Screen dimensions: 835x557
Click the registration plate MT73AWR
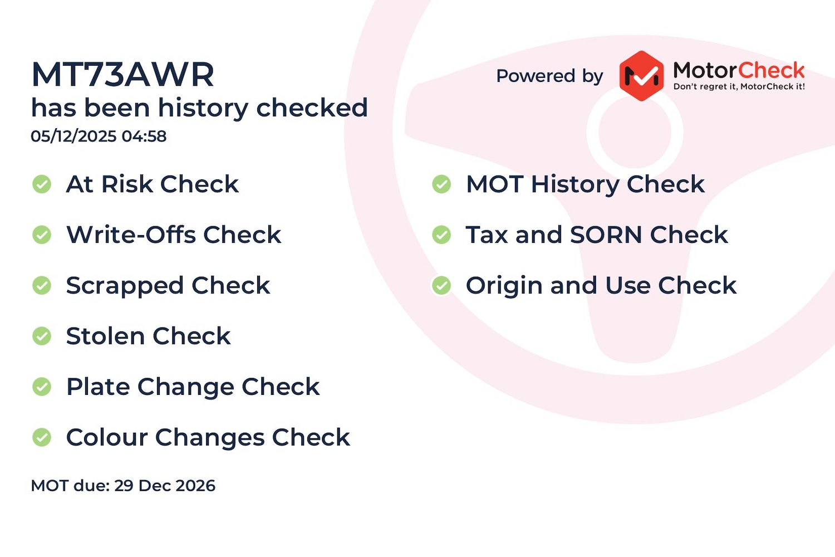pos(122,75)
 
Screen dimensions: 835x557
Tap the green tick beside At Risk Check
pos(42,184)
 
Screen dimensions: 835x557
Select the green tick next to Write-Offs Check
pos(42,235)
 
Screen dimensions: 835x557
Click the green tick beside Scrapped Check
pos(42,285)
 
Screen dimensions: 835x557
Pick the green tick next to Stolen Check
pos(42,336)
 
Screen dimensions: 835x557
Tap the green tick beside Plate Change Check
pos(42,387)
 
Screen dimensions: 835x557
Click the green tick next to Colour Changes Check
pos(42,437)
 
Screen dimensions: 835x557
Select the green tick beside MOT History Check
pos(442,184)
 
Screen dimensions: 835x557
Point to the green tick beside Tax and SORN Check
pos(442,235)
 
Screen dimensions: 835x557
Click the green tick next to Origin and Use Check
pos(442,285)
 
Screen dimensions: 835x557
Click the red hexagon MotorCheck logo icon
pos(641,76)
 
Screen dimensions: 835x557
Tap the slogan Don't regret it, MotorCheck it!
pos(739,86)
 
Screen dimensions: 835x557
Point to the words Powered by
pos(549,76)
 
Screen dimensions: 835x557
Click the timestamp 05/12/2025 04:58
pos(99,136)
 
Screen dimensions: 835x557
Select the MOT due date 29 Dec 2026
pos(164,486)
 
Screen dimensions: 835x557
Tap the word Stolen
pos(106,336)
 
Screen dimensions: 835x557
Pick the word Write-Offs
pos(131,234)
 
